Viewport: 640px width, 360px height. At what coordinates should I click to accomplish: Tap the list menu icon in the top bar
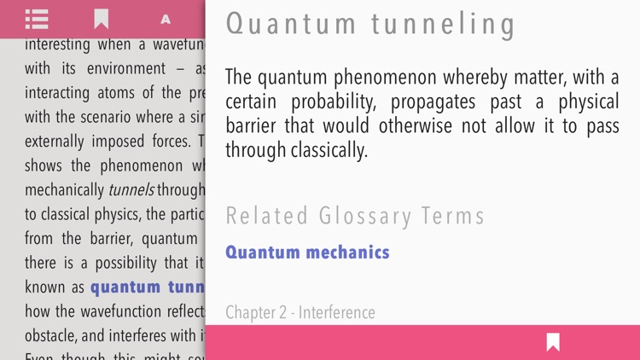[37, 19]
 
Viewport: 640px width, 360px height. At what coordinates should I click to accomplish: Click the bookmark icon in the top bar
[101, 19]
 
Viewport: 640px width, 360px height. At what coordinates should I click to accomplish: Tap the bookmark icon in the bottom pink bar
[553, 342]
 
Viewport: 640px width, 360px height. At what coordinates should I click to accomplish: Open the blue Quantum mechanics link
[307, 253]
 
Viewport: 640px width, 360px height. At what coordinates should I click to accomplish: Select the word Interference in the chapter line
[335, 312]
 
